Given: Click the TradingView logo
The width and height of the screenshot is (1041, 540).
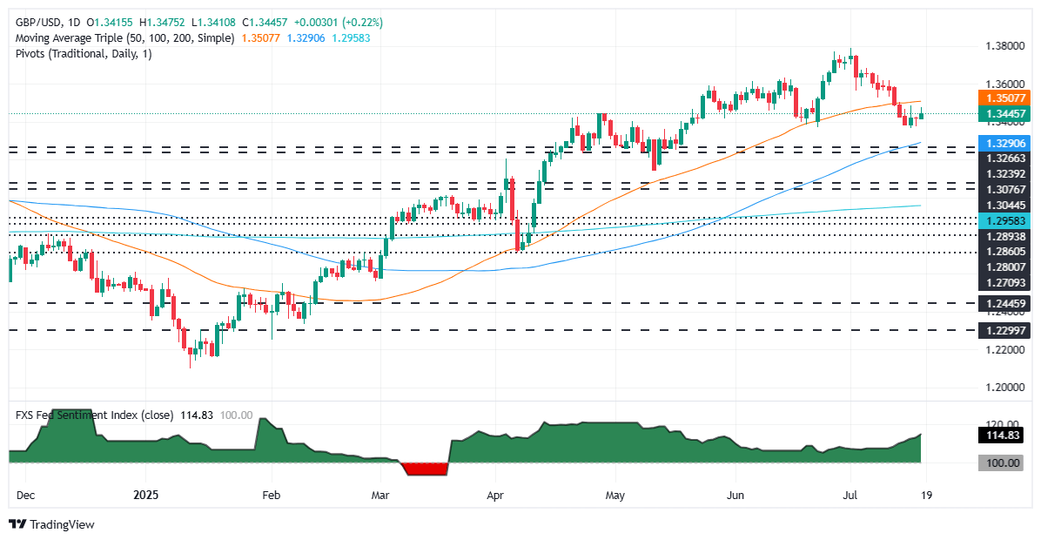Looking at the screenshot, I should pos(52,524).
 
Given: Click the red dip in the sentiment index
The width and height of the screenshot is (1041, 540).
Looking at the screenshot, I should pos(426,469).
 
